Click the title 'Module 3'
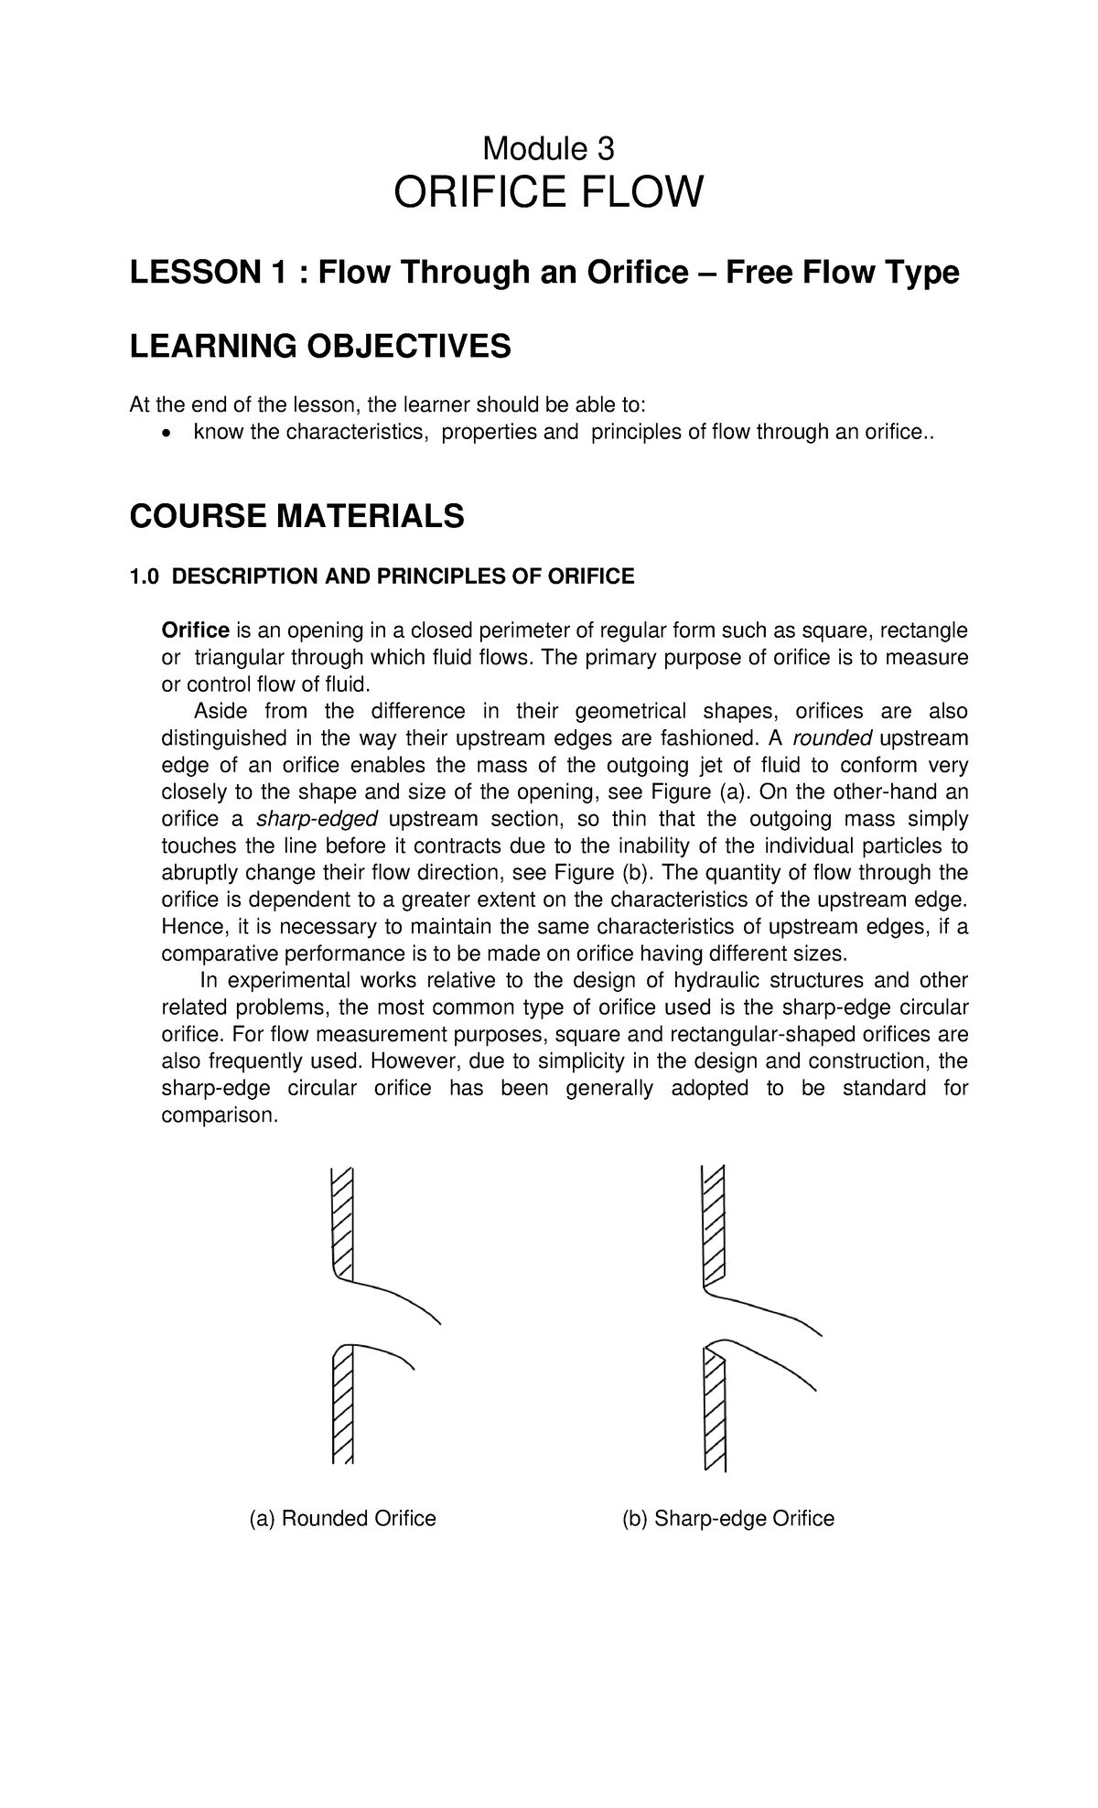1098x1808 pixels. pyautogui.click(x=548, y=147)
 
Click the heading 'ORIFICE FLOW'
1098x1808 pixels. pyautogui.click(x=548, y=193)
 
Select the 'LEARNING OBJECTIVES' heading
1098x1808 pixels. pyautogui.click(x=320, y=347)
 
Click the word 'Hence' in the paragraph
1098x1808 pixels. pyautogui.click(x=187, y=926)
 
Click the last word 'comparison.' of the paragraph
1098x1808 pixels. pyautogui.click(x=218, y=1115)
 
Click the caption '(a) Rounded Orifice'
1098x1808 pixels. pyautogui.click(x=343, y=1519)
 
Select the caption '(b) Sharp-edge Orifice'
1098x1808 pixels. pyautogui.click(x=728, y=1519)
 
